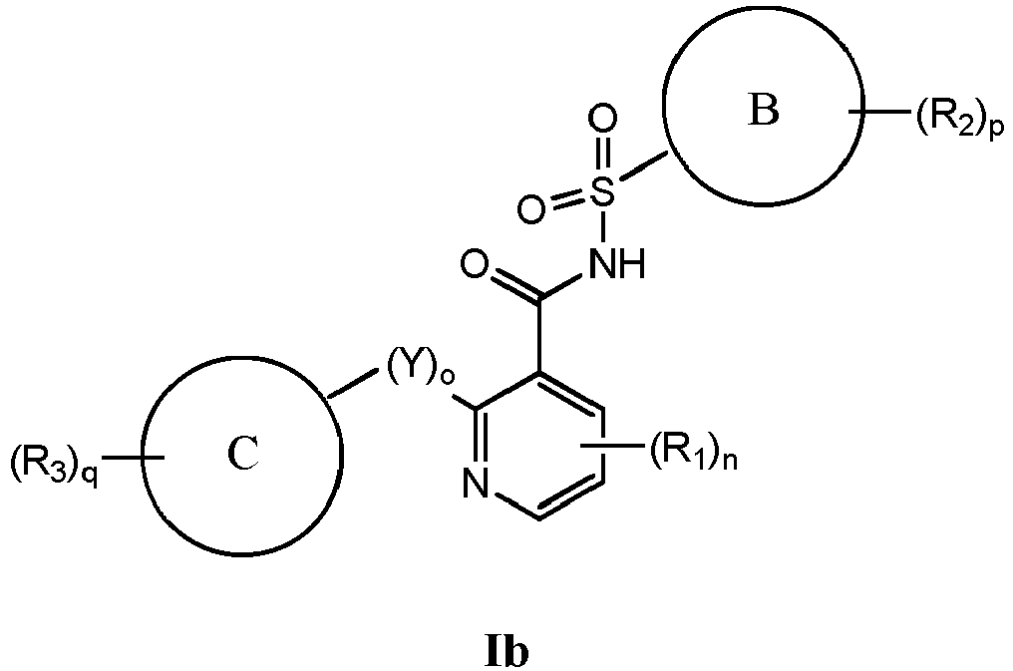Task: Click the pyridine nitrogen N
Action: [x=476, y=488]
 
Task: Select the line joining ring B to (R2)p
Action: [x=882, y=115]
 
